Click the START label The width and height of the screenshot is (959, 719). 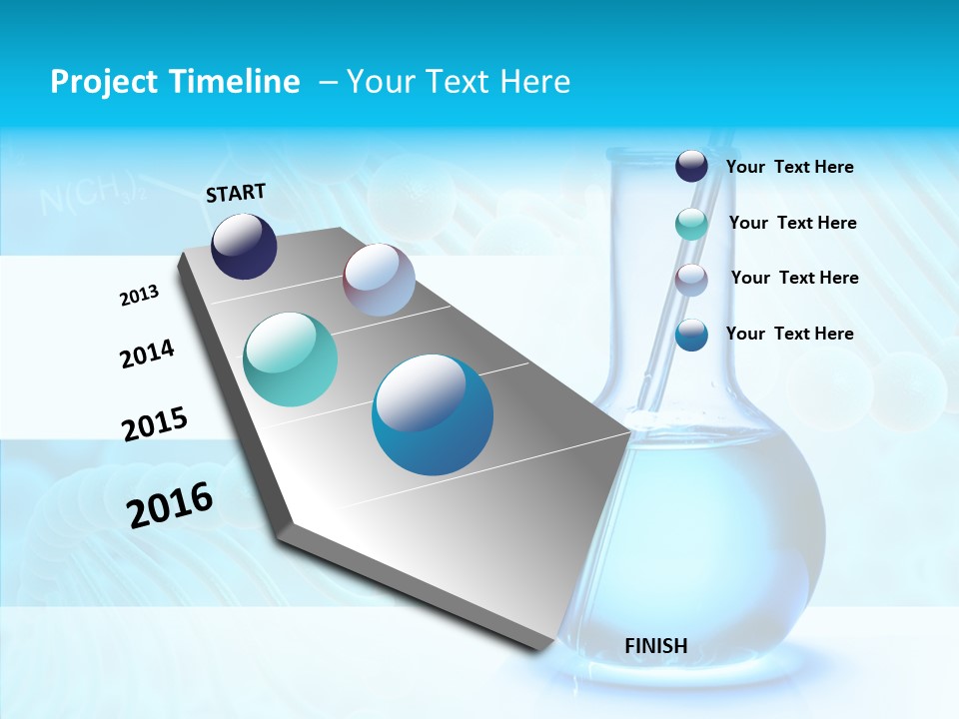point(236,193)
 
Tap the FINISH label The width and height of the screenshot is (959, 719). point(655,646)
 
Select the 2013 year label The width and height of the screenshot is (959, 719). point(139,296)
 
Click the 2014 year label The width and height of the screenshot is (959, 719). point(147,354)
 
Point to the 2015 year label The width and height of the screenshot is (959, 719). point(154,424)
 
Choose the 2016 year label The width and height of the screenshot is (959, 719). point(170,505)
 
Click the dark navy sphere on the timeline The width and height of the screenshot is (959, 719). point(244,247)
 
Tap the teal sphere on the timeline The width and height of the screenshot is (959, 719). point(291,359)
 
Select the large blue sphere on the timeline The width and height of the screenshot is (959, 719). point(432,414)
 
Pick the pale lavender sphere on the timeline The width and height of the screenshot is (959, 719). point(379,280)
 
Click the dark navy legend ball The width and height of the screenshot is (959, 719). point(691,166)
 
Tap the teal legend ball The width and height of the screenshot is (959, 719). point(691,224)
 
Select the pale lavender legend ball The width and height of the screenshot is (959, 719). point(691,279)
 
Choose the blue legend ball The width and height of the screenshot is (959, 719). point(691,335)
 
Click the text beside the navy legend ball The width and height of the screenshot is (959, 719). point(789,168)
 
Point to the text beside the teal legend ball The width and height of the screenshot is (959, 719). point(792,223)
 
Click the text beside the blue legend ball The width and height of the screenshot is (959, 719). point(789,334)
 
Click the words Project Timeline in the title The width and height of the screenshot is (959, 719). point(175,82)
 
